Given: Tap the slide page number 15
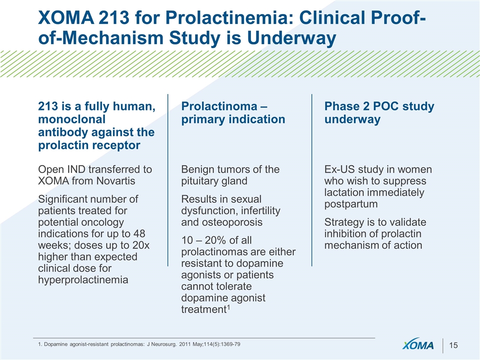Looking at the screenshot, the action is tap(453, 345).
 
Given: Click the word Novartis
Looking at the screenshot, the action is tap(115, 181).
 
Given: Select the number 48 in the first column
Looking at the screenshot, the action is tap(139, 234).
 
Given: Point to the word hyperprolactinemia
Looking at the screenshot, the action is tap(83, 280).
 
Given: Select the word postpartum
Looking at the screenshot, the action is tap(351, 204).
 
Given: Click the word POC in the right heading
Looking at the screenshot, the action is tap(385, 106).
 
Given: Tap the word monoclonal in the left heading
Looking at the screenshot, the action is tap(71, 119).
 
